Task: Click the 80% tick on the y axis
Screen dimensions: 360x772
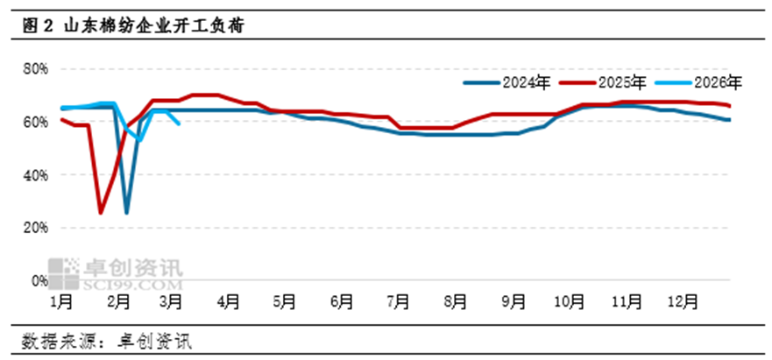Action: click(x=34, y=68)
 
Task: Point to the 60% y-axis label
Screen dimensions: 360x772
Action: click(x=34, y=122)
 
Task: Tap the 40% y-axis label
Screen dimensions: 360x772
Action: click(x=34, y=175)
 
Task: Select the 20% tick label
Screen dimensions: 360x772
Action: click(x=34, y=228)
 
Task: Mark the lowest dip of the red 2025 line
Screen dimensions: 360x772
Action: click(x=101, y=212)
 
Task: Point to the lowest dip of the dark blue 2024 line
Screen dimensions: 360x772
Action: click(x=127, y=212)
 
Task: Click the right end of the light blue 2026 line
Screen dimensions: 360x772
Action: click(x=180, y=124)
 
